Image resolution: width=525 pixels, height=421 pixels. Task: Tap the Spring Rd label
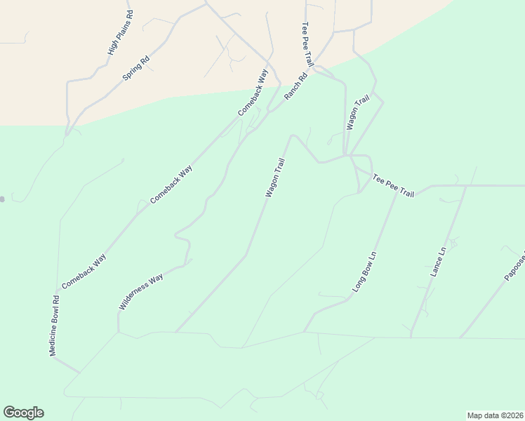point(137,68)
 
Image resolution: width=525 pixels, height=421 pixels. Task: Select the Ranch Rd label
point(296,86)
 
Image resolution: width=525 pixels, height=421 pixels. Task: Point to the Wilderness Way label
point(141,292)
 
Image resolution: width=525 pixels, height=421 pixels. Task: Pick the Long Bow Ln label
point(365,272)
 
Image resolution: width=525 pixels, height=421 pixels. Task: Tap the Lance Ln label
point(439,261)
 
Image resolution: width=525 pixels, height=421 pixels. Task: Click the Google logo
point(23,413)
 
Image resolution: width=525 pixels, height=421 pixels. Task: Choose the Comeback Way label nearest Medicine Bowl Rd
point(84,271)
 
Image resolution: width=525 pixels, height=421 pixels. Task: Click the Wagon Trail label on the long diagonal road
point(275,178)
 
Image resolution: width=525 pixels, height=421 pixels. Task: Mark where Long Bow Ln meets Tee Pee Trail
point(397,192)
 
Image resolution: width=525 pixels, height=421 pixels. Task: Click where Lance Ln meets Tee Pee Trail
point(467,186)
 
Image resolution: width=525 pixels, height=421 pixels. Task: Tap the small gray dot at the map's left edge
point(2,199)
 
